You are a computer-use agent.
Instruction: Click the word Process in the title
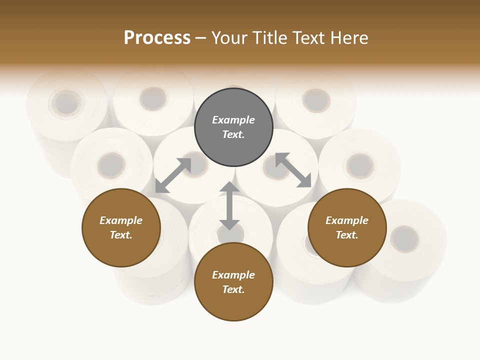click(x=157, y=38)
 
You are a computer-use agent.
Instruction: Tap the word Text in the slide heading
click(x=309, y=38)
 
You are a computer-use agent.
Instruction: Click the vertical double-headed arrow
click(x=229, y=205)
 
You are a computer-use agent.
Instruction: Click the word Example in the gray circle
click(x=233, y=120)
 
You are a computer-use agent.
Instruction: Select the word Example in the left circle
click(x=121, y=220)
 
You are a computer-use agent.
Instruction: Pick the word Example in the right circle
click(x=347, y=220)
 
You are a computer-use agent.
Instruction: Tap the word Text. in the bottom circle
click(x=233, y=289)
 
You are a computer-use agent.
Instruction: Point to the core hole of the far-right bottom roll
click(x=404, y=238)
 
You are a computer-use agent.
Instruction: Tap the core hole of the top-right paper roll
click(x=316, y=100)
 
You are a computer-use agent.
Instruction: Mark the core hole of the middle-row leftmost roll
click(x=111, y=165)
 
